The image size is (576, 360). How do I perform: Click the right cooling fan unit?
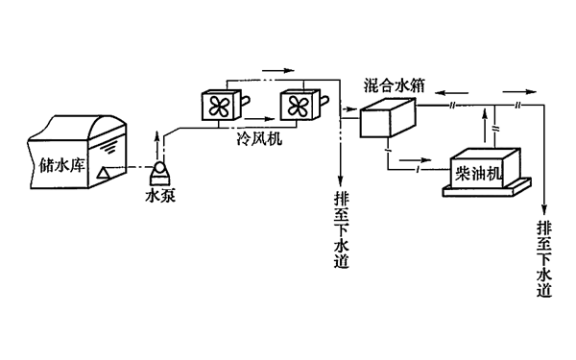click(297, 105)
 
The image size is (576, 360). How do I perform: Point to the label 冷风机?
click(258, 138)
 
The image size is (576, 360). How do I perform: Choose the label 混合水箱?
click(395, 85)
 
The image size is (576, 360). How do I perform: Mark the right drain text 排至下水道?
click(545, 259)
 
